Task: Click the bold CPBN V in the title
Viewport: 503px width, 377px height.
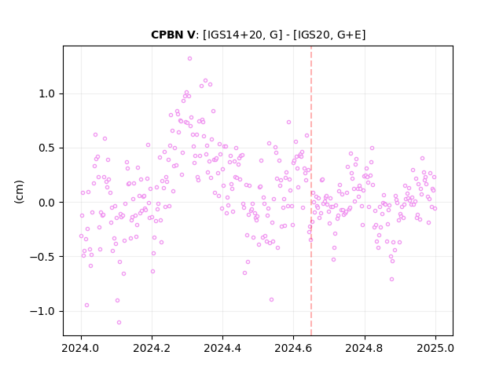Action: coord(173,35)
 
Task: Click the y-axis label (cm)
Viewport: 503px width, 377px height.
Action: coord(19,192)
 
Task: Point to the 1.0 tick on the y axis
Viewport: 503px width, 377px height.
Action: coord(46,94)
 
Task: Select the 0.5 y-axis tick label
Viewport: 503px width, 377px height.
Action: coord(46,148)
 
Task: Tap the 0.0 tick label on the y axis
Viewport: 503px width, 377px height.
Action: coord(46,203)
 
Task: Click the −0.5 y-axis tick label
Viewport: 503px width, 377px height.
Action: coord(42,257)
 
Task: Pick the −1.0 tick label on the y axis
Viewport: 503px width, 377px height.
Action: coord(42,311)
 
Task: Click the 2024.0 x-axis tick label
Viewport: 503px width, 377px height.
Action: coord(81,348)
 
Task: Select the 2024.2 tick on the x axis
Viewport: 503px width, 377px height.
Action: coord(152,348)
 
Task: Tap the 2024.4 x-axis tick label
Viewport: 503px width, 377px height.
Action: coord(222,348)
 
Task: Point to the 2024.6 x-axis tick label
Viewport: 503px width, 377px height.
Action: coord(293,348)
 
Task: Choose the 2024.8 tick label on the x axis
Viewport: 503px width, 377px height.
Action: coord(365,348)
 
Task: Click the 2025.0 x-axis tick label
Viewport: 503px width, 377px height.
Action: coord(435,348)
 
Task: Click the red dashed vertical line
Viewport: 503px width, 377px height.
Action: coord(311,191)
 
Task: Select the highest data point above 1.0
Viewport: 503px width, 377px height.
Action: coord(189,58)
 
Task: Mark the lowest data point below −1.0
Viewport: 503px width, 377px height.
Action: coord(119,322)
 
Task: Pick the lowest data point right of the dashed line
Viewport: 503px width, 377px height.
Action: coord(391,280)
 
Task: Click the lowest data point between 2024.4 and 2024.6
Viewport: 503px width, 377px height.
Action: coord(271,299)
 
